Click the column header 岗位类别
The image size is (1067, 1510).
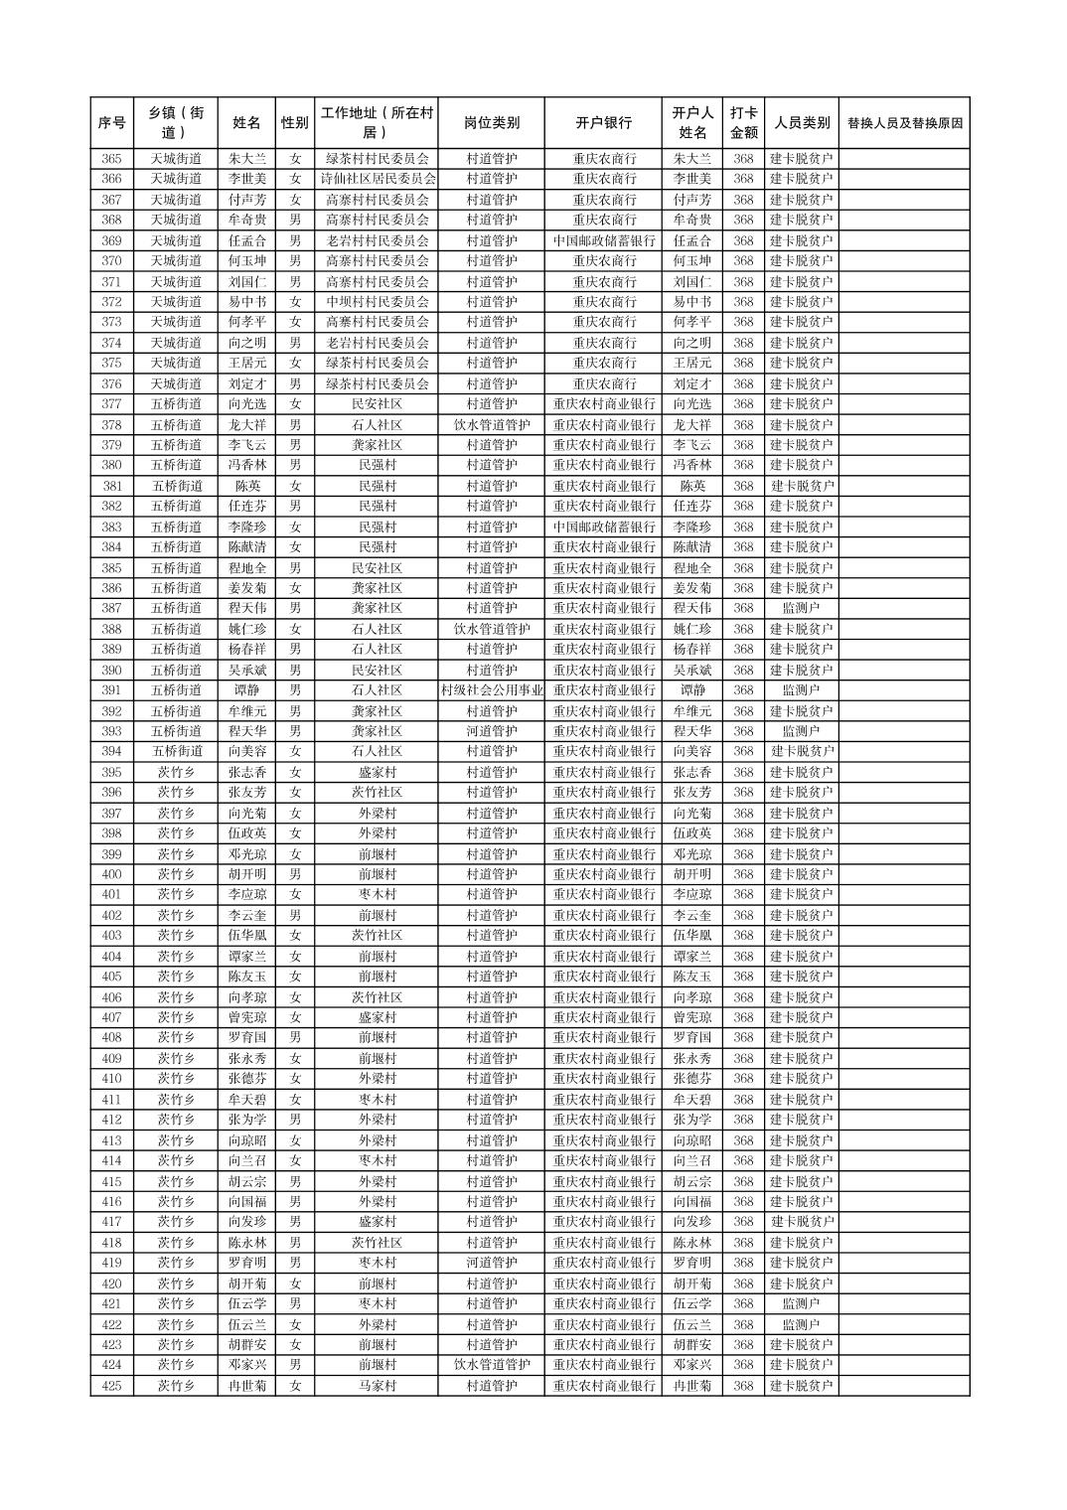pyautogui.click(x=491, y=123)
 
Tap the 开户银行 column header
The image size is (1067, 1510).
pyautogui.click(x=603, y=123)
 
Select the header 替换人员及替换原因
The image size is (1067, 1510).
pyautogui.click(x=904, y=123)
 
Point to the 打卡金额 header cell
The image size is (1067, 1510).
pyautogui.click(x=743, y=123)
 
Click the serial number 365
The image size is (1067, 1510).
pyautogui.click(x=111, y=159)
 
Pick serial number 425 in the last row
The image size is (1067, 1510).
pyautogui.click(x=111, y=1386)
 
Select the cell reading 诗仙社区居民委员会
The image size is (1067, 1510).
pyautogui.click(x=377, y=179)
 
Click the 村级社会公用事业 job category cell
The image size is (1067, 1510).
pyautogui.click(x=491, y=690)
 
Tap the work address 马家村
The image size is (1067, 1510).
pyautogui.click(x=377, y=1386)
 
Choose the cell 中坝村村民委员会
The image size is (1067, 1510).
pyautogui.click(x=377, y=302)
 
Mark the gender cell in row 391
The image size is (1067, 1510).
pyautogui.click(x=295, y=690)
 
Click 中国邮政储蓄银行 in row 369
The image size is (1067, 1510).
pyautogui.click(x=603, y=240)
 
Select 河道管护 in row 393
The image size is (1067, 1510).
pyautogui.click(x=491, y=731)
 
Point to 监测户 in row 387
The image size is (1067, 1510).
pyautogui.click(x=801, y=608)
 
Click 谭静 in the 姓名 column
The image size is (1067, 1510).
pyautogui.click(x=246, y=690)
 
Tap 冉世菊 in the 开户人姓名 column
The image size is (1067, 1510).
pyautogui.click(x=692, y=1386)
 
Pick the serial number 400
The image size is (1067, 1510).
pyautogui.click(x=111, y=874)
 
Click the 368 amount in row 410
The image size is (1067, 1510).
pyautogui.click(x=743, y=1079)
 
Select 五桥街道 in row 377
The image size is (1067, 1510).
pyautogui.click(x=176, y=404)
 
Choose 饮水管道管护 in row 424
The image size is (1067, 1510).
pyautogui.click(x=491, y=1365)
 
